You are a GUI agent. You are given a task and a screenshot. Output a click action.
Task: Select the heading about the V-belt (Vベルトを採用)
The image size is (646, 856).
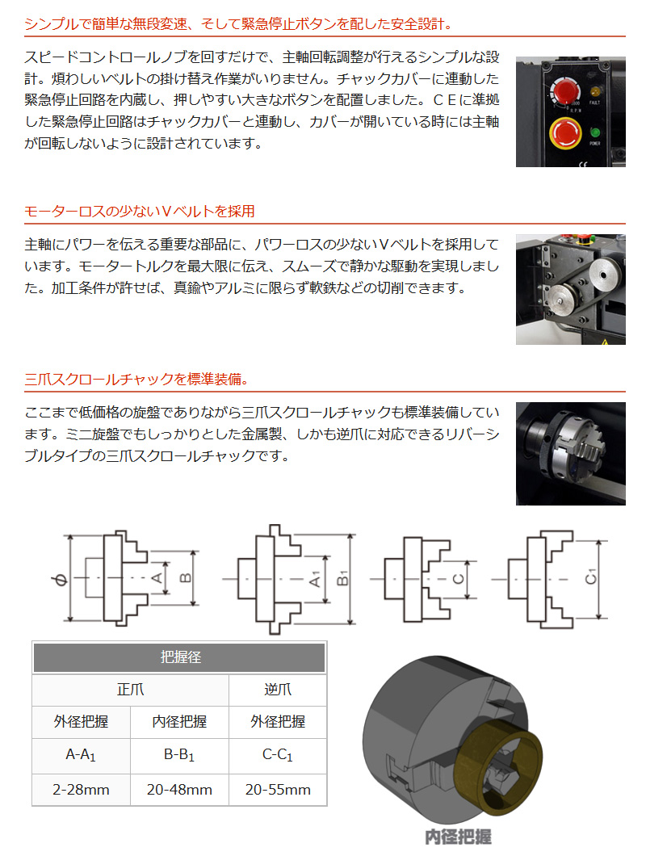[139, 212]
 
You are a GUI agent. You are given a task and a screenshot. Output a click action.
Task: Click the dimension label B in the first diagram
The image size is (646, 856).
[184, 578]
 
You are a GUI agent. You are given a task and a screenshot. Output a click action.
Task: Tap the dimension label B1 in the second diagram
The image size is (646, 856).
[342, 579]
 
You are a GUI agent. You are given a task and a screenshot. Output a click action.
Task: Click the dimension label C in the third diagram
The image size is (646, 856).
[458, 579]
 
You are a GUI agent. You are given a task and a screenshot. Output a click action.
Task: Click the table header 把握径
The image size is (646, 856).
[179, 657]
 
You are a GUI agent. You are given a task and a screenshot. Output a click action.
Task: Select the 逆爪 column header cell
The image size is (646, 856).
[278, 690]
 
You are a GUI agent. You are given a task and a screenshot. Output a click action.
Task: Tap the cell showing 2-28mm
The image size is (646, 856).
[81, 789]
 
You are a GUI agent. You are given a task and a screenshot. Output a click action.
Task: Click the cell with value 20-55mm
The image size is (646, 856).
[278, 789]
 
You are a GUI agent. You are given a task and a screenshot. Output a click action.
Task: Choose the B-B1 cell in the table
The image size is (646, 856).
[179, 756]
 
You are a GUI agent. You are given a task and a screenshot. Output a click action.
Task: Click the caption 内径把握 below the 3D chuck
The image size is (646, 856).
[458, 837]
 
